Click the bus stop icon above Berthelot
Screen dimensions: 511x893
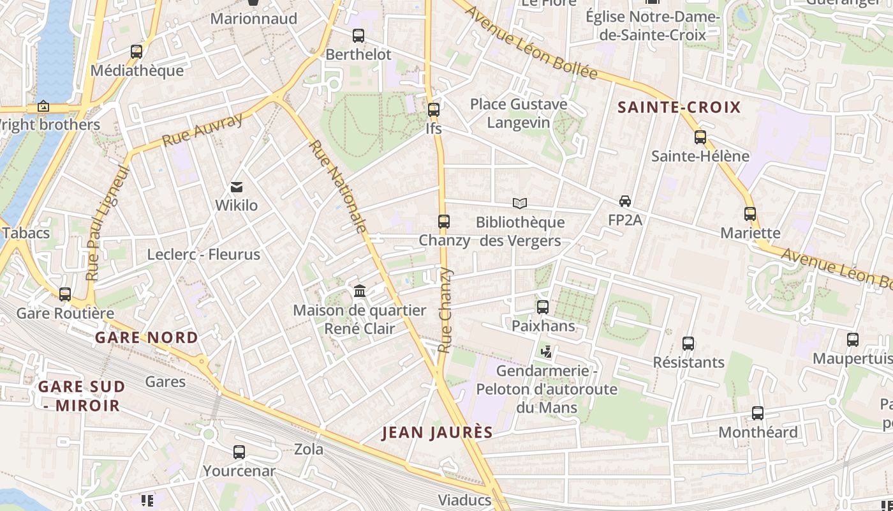[x=358, y=36]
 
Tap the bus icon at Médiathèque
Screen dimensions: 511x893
[x=136, y=52]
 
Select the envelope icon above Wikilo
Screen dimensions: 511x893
[x=237, y=187]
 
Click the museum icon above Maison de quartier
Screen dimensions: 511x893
[x=360, y=291]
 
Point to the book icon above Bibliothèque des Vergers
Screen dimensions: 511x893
[x=520, y=203]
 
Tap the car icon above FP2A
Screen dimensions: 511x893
[x=625, y=201]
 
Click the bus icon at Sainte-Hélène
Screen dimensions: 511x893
[x=700, y=137]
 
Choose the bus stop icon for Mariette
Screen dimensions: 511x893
[x=750, y=214]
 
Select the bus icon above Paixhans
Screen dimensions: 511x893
[x=543, y=307]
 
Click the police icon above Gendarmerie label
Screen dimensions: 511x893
[x=546, y=352]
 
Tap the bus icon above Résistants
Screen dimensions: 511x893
[x=688, y=344]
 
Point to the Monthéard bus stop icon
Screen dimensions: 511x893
[x=758, y=413]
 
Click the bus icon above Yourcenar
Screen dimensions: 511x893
[x=239, y=452]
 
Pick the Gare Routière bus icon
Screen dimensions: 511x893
[x=65, y=294]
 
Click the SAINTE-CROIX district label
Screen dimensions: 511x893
[x=679, y=107]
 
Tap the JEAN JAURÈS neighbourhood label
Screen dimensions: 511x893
[x=438, y=432]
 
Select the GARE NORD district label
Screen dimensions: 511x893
[x=147, y=338]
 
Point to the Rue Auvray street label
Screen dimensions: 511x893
[x=202, y=130]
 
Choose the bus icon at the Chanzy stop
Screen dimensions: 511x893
[x=444, y=222]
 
